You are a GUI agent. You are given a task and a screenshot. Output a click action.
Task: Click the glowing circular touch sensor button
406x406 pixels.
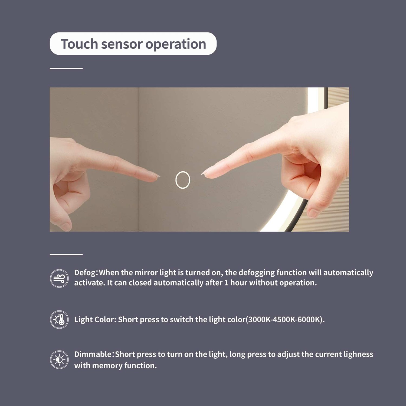click(x=183, y=180)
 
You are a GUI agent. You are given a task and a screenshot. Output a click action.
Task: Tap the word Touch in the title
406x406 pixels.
click(x=79, y=44)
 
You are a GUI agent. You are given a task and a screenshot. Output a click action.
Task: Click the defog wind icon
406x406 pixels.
click(x=59, y=278)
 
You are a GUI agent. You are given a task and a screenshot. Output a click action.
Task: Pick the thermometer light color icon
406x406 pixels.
click(x=59, y=320)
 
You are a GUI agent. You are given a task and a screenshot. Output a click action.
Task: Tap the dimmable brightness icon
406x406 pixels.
click(x=59, y=360)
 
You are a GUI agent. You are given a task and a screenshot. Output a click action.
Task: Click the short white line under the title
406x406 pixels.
click(x=66, y=68)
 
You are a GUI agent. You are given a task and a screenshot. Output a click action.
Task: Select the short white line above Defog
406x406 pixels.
click(x=66, y=254)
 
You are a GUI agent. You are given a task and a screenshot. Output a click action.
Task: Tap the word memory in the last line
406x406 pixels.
click(x=107, y=366)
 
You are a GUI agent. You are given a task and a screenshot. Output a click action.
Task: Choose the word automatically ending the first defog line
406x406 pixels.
click(x=348, y=273)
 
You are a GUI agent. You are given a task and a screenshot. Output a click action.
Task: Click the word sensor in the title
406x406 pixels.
click(x=122, y=44)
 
